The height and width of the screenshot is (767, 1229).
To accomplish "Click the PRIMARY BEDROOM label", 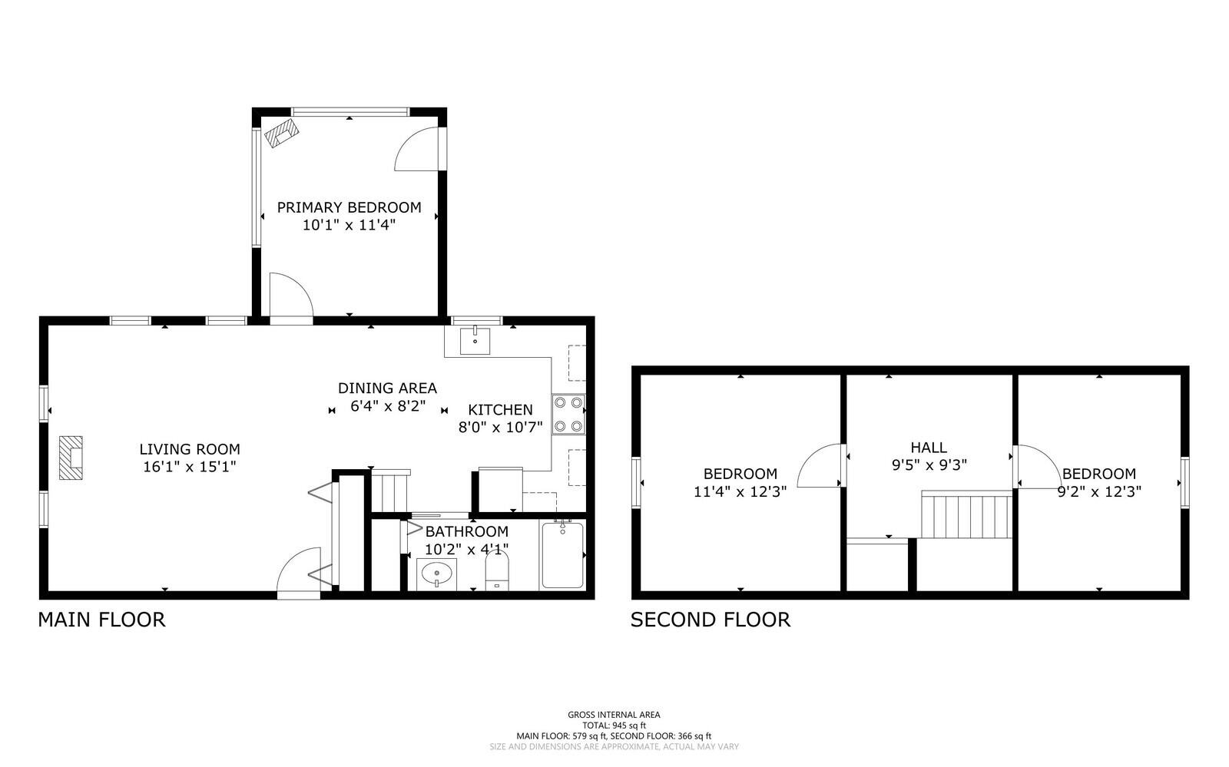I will (x=349, y=207).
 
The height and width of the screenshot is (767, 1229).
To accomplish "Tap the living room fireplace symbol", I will (x=71, y=458).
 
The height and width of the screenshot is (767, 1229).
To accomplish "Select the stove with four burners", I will (x=568, y=414).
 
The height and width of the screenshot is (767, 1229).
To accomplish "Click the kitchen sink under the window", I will (x=475, y=340).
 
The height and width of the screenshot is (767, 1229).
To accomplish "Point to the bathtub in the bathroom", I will (x=561, y=555).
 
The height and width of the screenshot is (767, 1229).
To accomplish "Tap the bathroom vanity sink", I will (x=437, y=574).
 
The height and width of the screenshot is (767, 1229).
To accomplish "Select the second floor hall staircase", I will (x=966, y=517).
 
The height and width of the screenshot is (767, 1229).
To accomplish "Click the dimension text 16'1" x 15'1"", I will (x=189, y=467).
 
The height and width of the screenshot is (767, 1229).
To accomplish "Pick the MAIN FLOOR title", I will (x=101, y=620).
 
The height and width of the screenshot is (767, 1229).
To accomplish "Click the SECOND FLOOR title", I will (x=710, y=620).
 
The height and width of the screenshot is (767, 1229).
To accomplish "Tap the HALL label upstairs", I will (x=929, y=448).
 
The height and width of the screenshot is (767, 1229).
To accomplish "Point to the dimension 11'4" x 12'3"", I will (x=740, y=491).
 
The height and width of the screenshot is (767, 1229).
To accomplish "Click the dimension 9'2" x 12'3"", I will (x=1098, y=491).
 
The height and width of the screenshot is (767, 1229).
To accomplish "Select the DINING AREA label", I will (x=387, y=388).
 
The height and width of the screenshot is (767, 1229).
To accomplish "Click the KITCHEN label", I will (x=500, y=410).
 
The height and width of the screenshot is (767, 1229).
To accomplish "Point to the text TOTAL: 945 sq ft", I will (x=614, y=725).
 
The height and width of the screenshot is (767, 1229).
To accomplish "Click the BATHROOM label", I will (x=466, y=531).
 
